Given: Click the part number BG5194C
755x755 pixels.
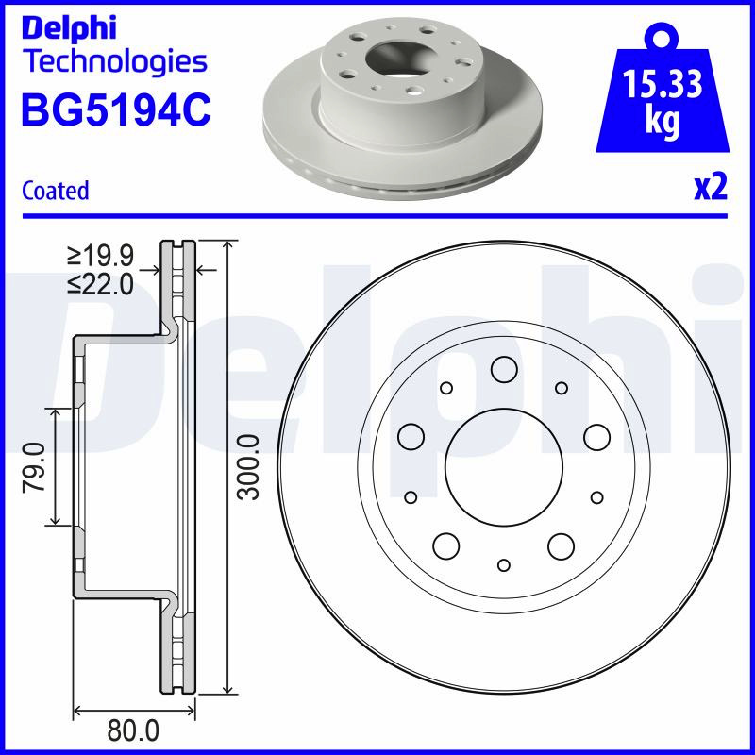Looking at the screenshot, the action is click(x=116, y=109).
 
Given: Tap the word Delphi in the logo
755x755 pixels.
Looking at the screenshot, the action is click(x=69, y=28).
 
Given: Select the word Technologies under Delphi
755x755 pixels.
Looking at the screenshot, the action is click(x=116, y=62).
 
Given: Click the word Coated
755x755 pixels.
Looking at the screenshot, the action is click(x=56, y=191).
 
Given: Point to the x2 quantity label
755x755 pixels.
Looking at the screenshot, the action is click(x=711, y=187).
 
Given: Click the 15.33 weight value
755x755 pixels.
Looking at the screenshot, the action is click(x=663, y=83).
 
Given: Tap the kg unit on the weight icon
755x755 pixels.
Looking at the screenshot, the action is click(x=663, y=121).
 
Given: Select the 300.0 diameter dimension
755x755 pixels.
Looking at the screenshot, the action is click(x=250, y=467).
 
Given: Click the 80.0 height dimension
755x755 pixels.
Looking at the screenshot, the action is click(x=133, y=730).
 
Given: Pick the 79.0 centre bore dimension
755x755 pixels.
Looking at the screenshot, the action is click(x=34, y=467).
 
